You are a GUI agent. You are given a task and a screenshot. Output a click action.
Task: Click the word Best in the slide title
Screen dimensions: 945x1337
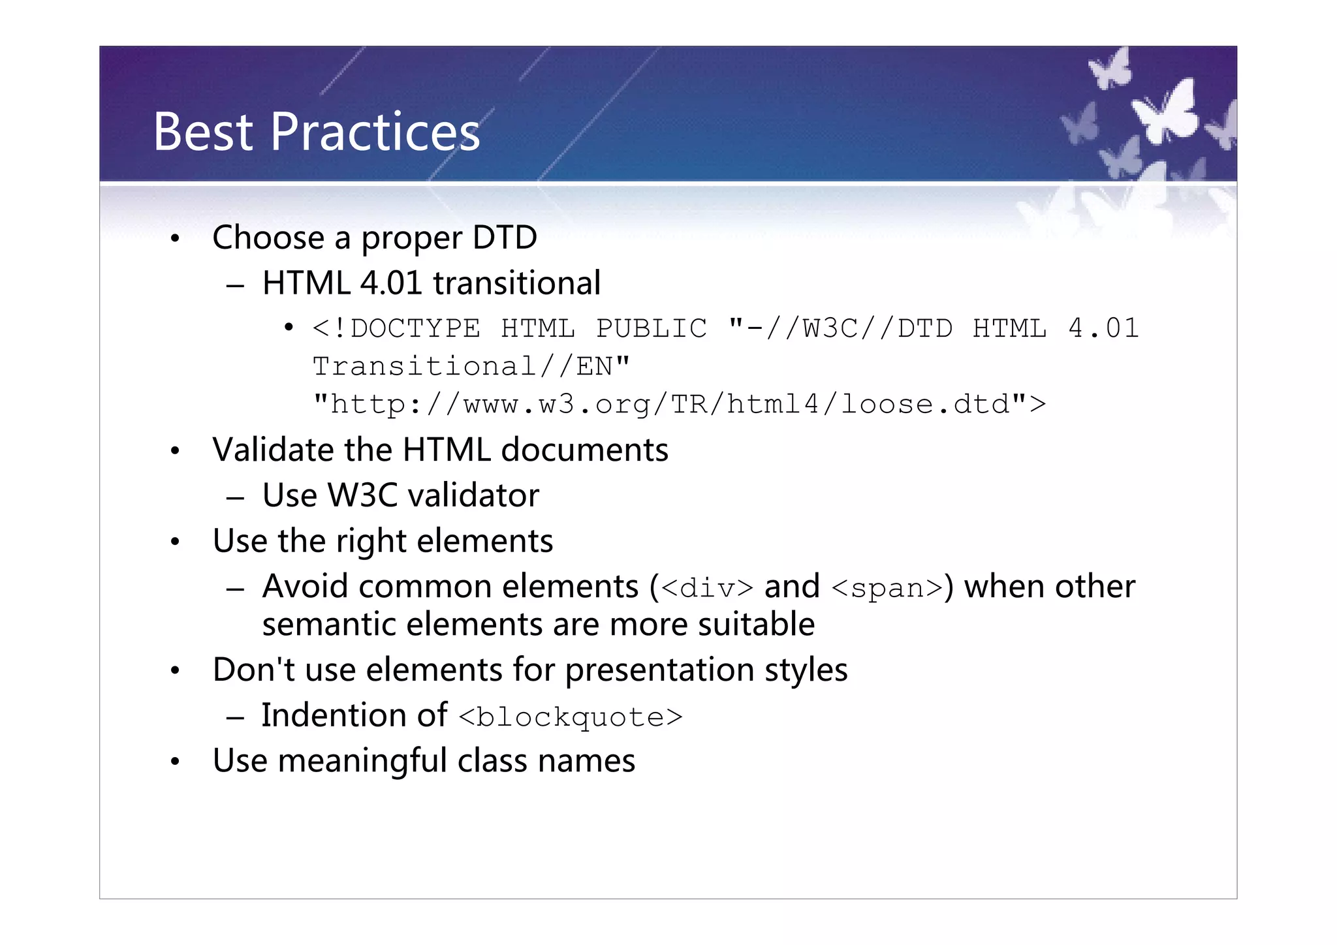pyautogui.click(x=202, y=132)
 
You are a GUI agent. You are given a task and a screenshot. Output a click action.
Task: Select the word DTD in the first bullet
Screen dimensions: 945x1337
pyautogui.click(x=505, y=238)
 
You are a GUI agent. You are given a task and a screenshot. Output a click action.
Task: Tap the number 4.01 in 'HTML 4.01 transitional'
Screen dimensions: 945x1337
pyautogui.click(x=391, y=283)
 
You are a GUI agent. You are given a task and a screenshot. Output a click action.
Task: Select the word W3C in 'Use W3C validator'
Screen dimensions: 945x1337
pyautogui.click(x=362, y=496)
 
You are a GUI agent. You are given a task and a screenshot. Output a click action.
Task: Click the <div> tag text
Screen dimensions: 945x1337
pyautogui.click(x=707, y=588)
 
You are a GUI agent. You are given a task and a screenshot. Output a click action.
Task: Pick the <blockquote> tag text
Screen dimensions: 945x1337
pyautogui.click(x=571, y=717)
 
